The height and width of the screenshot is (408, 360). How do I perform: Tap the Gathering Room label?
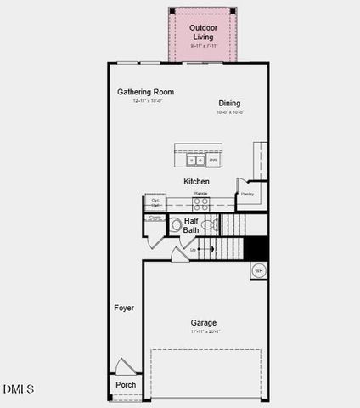click(145, 92)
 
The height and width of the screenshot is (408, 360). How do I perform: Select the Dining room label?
click(229, 103)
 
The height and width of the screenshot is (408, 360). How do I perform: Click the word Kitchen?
click(197, 181)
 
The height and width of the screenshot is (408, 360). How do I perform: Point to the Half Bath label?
click(192, 225)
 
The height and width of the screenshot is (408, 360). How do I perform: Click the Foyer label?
click(124, 308)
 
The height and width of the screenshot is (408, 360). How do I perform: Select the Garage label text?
click(203, 322)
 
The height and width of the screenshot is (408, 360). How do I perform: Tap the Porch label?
click(125, 385)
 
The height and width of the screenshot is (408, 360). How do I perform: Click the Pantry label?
click(247, 194)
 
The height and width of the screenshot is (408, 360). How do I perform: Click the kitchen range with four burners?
click(201, 203)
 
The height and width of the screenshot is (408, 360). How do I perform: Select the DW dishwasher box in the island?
click(212, 160)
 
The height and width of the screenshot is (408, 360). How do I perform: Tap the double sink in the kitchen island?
click(194, 160)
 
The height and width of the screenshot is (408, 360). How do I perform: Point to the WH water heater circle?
click(258, 271)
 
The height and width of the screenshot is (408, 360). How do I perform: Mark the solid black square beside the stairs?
click(256, 248)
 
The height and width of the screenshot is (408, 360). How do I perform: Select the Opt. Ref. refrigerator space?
click(156, 203)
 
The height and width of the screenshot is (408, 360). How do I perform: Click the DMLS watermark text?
click(19, 389)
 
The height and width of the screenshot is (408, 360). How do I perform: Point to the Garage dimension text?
click(203, 331)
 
